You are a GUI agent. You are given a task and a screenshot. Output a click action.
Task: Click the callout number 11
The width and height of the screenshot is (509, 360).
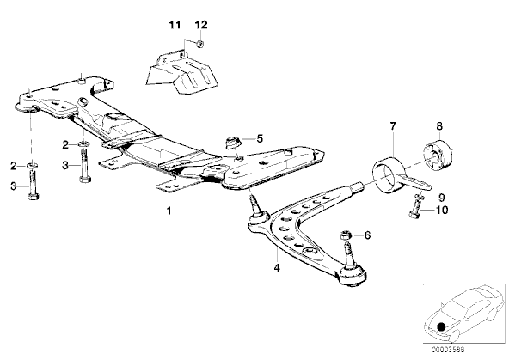pyautogui.click(x=175, y=25)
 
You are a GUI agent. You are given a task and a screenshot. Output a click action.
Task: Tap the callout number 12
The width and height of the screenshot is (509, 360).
pyautogui.click(x=201, y=25)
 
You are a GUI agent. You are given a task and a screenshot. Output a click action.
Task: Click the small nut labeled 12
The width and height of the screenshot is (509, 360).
pyautogui.click(x=200, y=44)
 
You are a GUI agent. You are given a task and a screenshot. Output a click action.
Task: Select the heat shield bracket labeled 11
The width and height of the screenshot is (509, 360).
pyautogui.click(x=181, y=72)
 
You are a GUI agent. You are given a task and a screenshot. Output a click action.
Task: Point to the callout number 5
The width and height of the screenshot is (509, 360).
pyautogui.click(x=260, y=138)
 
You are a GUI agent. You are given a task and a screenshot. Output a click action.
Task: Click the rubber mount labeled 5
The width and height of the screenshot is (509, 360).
pyautogui.click(x=233, y=143)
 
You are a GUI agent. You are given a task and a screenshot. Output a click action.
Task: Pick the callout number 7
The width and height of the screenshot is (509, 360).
pyautogui.click(x=393, y=125)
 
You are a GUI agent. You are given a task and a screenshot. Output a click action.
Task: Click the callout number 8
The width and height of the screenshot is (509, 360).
pyautogui.click(x=439, y=125)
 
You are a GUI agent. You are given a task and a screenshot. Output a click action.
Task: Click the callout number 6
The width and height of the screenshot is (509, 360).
pyautogui.click(x=367, y=235)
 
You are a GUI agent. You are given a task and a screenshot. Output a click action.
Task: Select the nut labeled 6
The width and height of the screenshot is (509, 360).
pyautogui.click(x=346, y=235)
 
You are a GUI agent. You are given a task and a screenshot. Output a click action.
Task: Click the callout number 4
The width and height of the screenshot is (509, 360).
pyautogui.click(x=277, y=268)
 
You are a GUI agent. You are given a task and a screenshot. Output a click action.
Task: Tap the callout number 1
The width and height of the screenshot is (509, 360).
pyautogui.click(x=169, y=211)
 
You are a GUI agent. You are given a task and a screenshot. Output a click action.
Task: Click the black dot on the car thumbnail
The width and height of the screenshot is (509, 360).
pyautogui.click(x=441, y=326)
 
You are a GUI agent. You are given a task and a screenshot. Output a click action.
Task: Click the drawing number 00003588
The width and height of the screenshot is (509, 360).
pyautogui.click(x=448, y=350)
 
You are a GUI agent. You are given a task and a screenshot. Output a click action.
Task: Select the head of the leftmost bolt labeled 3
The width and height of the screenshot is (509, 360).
pyautogui.click(x=33, y=197)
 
